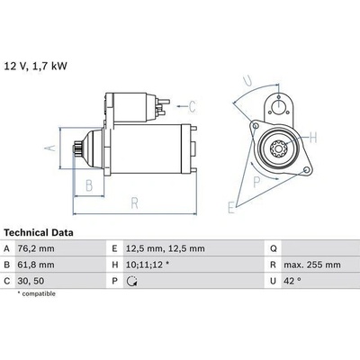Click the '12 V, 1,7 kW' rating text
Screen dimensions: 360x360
pyautogui.click(x=35, y=66)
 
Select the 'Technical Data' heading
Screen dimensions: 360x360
pyautogui.click(x=39, y=232)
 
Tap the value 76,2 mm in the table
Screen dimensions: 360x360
pyautogui.click(x=36, y=248)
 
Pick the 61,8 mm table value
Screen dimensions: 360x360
pyautogui.click(x=36, y=265)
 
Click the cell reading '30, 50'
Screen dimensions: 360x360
pyautogui.click(x=31, y=281)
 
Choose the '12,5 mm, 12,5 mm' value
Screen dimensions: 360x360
pyautogui.click(x=166, y=248)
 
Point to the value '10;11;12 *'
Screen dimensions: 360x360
pyautogui.click(x=148, y=265)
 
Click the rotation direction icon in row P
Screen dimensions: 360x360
pyautogui.click(x=131, y=281)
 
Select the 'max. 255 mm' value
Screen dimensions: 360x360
pyautogui.click(x=312, y=265)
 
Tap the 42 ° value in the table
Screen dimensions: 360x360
pyautogui.click(x=292, y=281)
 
